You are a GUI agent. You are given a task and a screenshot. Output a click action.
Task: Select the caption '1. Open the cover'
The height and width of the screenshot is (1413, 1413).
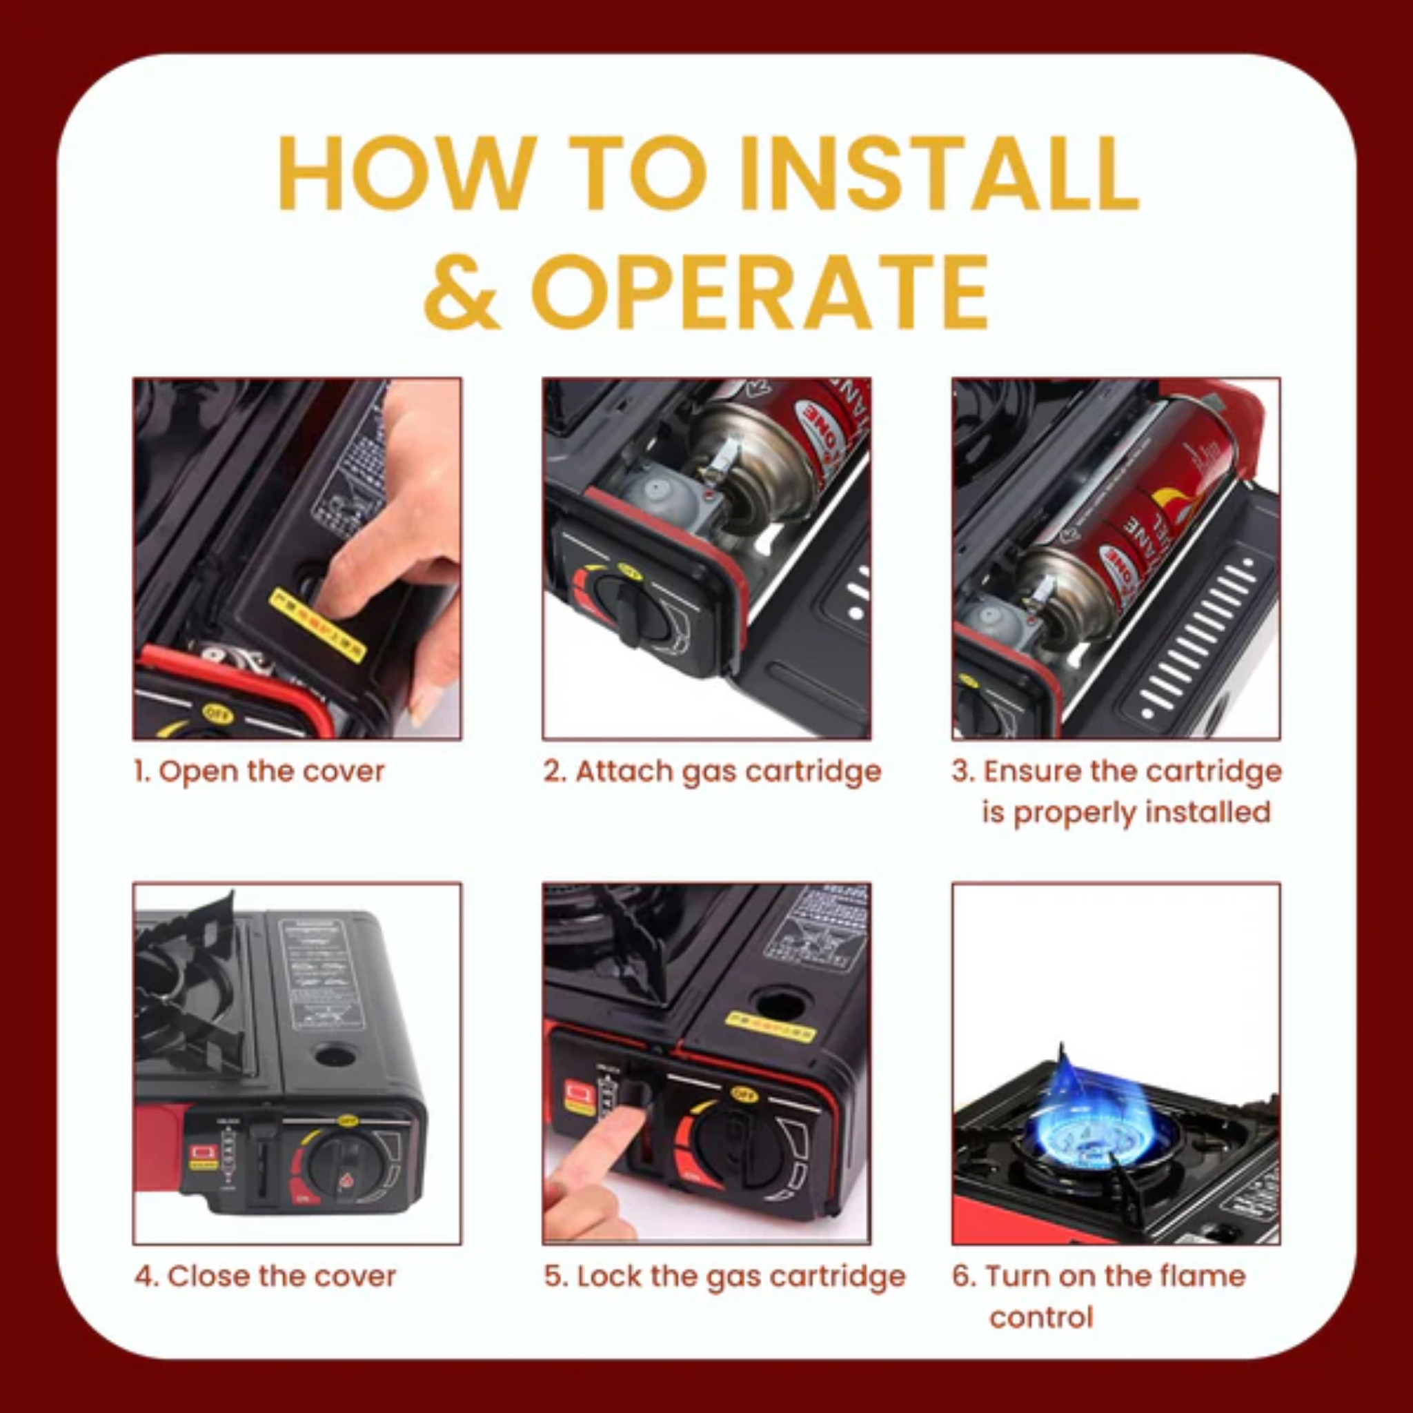(x=259, y=771)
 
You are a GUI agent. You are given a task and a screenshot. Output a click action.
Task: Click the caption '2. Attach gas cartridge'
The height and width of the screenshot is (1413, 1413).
(x=712, y=771)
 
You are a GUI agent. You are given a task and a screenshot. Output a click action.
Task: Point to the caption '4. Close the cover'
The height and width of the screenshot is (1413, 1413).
(x=265, y=1276)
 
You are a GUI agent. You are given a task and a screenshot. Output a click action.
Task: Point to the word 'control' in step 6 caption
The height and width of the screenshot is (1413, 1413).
(x=1040, y=1317)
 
